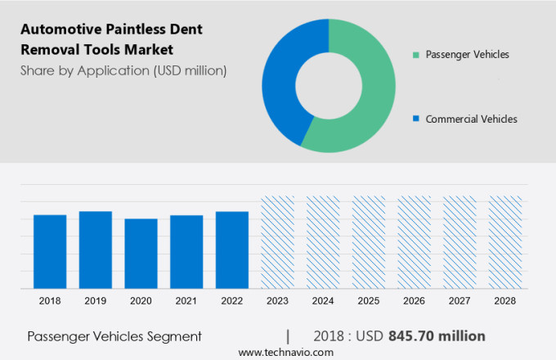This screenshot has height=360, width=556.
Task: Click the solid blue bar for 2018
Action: (50, 251)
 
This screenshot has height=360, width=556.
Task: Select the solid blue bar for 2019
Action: (96, 250)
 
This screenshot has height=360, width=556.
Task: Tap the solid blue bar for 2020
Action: (141, 254)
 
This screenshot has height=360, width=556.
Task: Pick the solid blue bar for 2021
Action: (186, 252)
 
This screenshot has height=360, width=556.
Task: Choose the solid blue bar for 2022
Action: (232, 250)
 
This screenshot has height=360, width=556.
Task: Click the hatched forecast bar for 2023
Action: (277, 242)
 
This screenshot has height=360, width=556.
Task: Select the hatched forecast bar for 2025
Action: (369, 242)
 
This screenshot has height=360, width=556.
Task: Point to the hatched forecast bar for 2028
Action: (504, 242)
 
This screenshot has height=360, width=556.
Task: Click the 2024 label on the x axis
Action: (323, 301)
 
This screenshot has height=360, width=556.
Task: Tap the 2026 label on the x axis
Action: (414, 301)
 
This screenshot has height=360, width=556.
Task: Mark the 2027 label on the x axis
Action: (460, 301)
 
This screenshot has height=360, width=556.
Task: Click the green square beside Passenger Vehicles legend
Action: (416, 55)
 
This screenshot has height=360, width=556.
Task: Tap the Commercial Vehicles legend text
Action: (471, 119)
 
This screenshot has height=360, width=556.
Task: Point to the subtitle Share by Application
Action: (123, 70)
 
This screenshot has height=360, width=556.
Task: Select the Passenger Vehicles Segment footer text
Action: (114, 336)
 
